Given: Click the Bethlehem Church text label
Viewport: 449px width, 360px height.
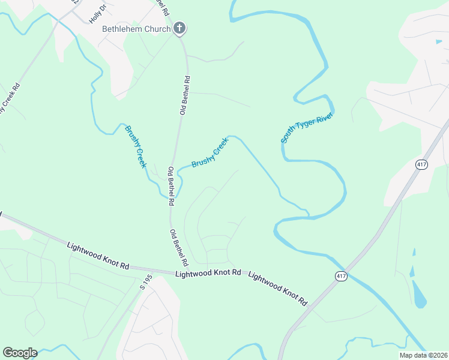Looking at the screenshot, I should click(128, 29).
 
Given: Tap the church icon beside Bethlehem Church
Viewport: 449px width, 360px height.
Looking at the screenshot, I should click(179, 28).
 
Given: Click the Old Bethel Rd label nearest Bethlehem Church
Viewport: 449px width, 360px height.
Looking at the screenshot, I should click(186, 95).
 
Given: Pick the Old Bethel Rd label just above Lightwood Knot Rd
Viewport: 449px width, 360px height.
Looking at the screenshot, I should click(179, 248).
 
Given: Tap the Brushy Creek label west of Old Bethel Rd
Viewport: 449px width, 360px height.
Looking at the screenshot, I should click(135, 146).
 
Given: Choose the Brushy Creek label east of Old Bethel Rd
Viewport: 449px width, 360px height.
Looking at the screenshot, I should click(210, 152).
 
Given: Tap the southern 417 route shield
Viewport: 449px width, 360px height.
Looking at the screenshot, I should click(340, 275).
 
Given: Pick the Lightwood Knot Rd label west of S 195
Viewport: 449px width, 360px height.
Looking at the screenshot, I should click(98, 255).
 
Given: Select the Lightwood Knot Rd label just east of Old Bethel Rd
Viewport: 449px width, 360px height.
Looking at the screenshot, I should click(208, 274).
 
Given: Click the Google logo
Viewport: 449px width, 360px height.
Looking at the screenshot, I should click(20, 353).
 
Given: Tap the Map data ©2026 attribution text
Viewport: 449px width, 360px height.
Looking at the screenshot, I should click(423, 355).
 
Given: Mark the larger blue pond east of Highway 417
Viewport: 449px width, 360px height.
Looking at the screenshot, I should click(419, 294).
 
